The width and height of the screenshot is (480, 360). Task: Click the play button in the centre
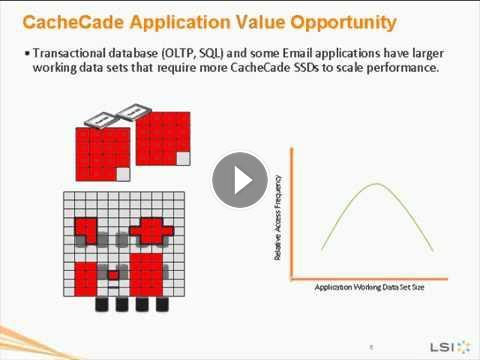click(x=240, y=180)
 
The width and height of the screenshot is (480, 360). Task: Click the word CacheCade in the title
click(x=73, y=22)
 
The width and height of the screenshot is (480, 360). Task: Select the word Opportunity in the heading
click(x=343, y=23)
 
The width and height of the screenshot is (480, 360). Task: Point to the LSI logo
click(x=450, y=347)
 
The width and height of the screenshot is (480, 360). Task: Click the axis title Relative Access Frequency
click(x=277, y=218)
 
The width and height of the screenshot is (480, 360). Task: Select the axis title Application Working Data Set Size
click(x=369, y=287)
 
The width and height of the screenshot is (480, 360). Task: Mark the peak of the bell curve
click(x=377, y=184)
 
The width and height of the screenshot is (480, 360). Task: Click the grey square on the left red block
click(x=123, y=174)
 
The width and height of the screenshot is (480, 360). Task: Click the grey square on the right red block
click(x=183, y=159)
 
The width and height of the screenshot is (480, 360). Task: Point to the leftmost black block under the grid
click(x=102, y=304)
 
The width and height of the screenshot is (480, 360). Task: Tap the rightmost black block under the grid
click(x=162, y=304)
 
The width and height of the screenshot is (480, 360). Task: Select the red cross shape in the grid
click(x=152, y=231)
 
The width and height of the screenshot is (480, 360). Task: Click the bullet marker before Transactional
click(x=27, y=53)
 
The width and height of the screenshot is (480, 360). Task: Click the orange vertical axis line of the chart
click(x=292, y=213)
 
